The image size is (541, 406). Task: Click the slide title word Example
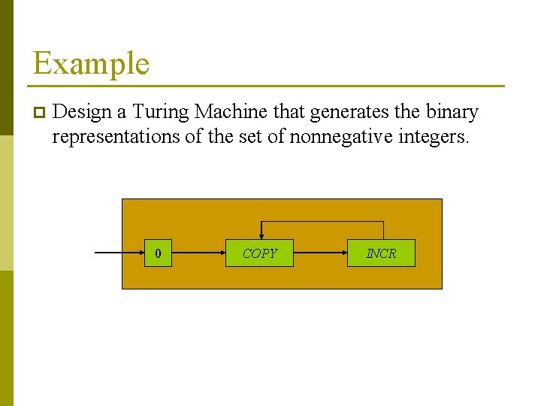click(x=91, y=63)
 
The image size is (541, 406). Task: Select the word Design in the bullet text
click(x=83, y=112)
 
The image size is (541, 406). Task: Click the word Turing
click(x=161, y=112)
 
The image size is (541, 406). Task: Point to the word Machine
click(x=231, y=112)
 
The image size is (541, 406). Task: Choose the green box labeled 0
click(x=158, y=253)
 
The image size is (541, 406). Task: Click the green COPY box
click(x=260, y=253)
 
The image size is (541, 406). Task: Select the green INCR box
click(x=381, y=253)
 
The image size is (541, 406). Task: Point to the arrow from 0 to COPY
click(x=198, y=253)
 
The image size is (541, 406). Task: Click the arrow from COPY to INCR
click(x=320, y=253)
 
